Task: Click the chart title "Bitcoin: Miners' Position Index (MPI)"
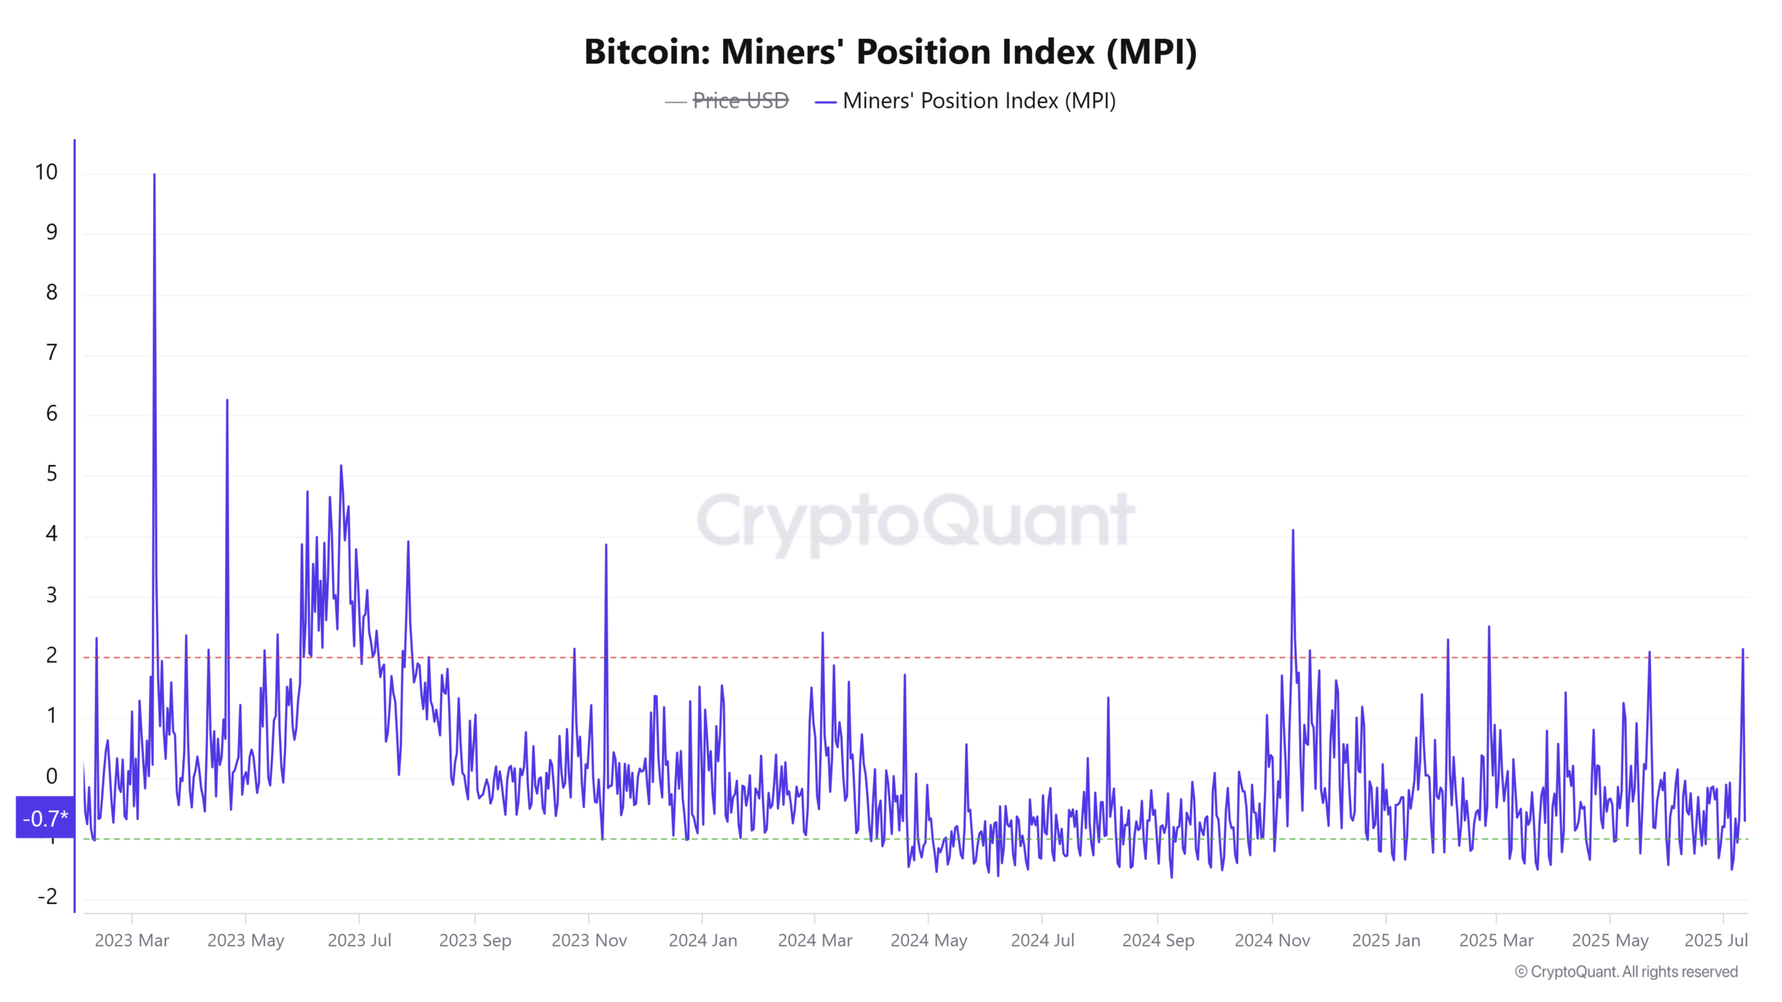(890, 52)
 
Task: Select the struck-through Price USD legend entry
(740, 101)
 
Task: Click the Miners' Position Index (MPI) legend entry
(978, 101)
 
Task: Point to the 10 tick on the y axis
(46, 172)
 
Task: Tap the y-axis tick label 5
(52, 474)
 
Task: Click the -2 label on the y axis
(47, 896)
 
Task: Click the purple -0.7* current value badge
(45, 818)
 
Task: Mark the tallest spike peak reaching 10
(154, 175)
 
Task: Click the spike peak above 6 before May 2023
(227, 401)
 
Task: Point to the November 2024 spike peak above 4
(1293, 531)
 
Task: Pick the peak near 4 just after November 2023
(606, 546)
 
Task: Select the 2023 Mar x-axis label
(132, 940)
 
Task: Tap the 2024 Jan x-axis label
(702, 940)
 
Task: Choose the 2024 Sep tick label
(1158, 940)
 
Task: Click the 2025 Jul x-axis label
(1715, 940)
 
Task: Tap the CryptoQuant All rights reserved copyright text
(1626, 971)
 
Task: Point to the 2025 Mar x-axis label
(1496, 940)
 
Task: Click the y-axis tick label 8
(52, 292)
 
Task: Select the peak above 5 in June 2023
(340, 466)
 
